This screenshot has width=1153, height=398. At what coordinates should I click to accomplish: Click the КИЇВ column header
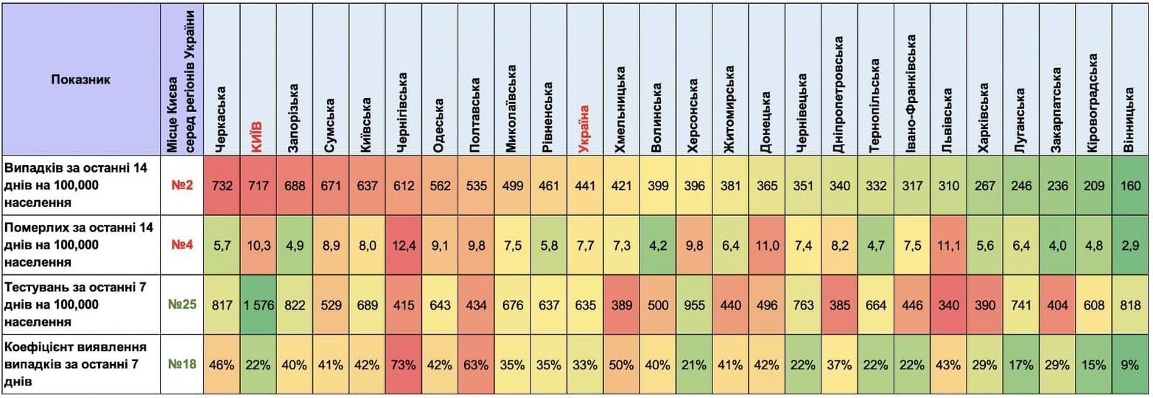[257, 136]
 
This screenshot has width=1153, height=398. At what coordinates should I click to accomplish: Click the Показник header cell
[81, 80]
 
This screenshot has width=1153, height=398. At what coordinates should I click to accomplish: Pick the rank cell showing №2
[181, 186]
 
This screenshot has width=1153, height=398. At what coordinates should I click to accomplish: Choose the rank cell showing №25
[181, 305]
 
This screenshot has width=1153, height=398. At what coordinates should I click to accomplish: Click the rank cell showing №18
[181, 365]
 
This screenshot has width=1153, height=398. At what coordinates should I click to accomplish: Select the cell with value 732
[222, 186]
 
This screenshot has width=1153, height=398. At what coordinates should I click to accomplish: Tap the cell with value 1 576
[257, 305]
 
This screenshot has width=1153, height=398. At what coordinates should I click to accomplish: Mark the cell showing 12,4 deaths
[403, 245]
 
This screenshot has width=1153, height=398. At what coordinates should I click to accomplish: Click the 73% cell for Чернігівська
[403, 365]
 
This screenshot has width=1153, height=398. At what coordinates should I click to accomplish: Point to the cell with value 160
[1130, 186]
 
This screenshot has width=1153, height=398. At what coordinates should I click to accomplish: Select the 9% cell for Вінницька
[1130, 365]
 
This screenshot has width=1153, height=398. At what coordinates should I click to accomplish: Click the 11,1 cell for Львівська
[948, 245]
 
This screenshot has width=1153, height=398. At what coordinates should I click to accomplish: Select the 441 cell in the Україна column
[585, 186]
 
